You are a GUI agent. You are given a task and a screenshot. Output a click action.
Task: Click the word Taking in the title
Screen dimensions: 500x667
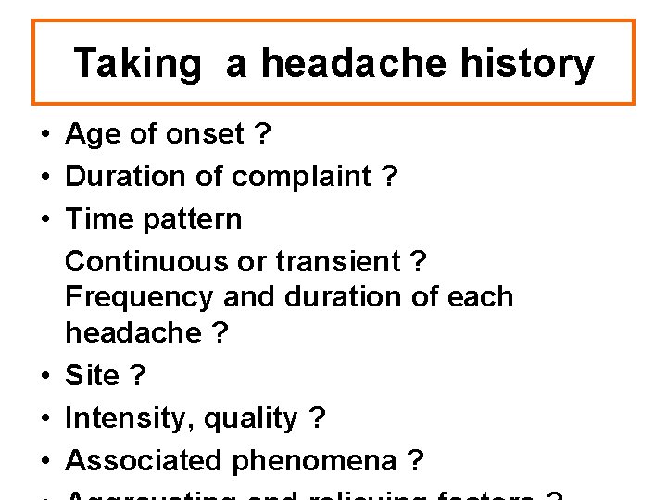(x=137, y=64)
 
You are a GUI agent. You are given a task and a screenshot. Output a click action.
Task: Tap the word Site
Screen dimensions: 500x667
(x=93, y=376)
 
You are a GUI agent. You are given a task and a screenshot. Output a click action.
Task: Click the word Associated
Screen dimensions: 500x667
(x=145, y=460)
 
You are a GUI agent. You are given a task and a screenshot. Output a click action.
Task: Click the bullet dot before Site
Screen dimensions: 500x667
(x=44, y=377)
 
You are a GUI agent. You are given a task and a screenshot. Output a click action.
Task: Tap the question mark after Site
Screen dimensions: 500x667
(x=137, y=376)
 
